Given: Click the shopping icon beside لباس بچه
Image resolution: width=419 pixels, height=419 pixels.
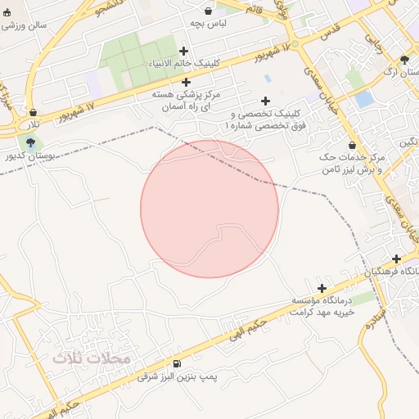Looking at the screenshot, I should coord(208,11).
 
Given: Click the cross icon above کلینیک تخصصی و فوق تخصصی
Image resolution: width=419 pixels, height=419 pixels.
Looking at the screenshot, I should coord(265,101).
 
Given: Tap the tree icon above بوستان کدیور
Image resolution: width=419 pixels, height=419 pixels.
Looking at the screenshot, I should coord(31,142).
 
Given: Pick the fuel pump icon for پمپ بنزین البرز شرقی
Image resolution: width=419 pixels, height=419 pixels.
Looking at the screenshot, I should coord(177,363).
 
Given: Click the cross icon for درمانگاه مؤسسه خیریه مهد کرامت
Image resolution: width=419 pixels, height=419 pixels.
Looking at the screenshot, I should coord(322,288).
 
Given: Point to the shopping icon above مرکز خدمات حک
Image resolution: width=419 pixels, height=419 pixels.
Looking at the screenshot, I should coord(353,146).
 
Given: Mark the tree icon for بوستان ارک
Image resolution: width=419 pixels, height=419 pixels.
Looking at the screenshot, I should coord(404,60).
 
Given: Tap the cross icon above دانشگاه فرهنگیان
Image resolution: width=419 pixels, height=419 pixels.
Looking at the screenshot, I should coord(397,259).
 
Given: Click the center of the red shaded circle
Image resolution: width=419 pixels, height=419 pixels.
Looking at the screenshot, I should coord(209,209).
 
